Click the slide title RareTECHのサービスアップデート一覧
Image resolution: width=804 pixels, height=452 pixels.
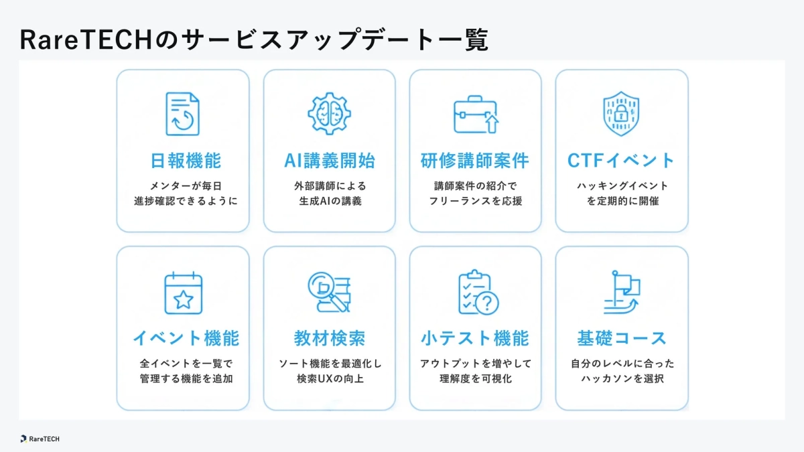point(255,40)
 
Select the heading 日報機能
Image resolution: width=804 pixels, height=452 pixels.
point(186,161)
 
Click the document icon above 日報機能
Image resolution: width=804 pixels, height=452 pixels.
point(182,114)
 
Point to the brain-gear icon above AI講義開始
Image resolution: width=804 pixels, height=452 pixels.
point(329,114)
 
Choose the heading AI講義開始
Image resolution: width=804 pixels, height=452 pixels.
point(329,161)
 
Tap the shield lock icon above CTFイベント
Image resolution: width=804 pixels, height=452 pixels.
point(621,114)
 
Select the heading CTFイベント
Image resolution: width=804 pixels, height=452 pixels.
point(621,161)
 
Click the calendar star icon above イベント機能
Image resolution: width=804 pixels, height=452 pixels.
point(183,293)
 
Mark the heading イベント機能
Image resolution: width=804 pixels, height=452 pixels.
point(186,338)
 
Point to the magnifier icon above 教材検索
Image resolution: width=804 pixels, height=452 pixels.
point(329,293)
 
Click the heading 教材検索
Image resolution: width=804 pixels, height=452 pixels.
point(329,338)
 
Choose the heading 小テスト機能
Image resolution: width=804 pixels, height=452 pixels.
point(474,338)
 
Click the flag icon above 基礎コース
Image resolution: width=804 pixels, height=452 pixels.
point(621,293)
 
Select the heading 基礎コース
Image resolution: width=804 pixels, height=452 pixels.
point(621,338)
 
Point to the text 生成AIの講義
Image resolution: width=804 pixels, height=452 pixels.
point(329,201)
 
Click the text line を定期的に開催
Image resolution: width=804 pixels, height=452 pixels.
point(621,201)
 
